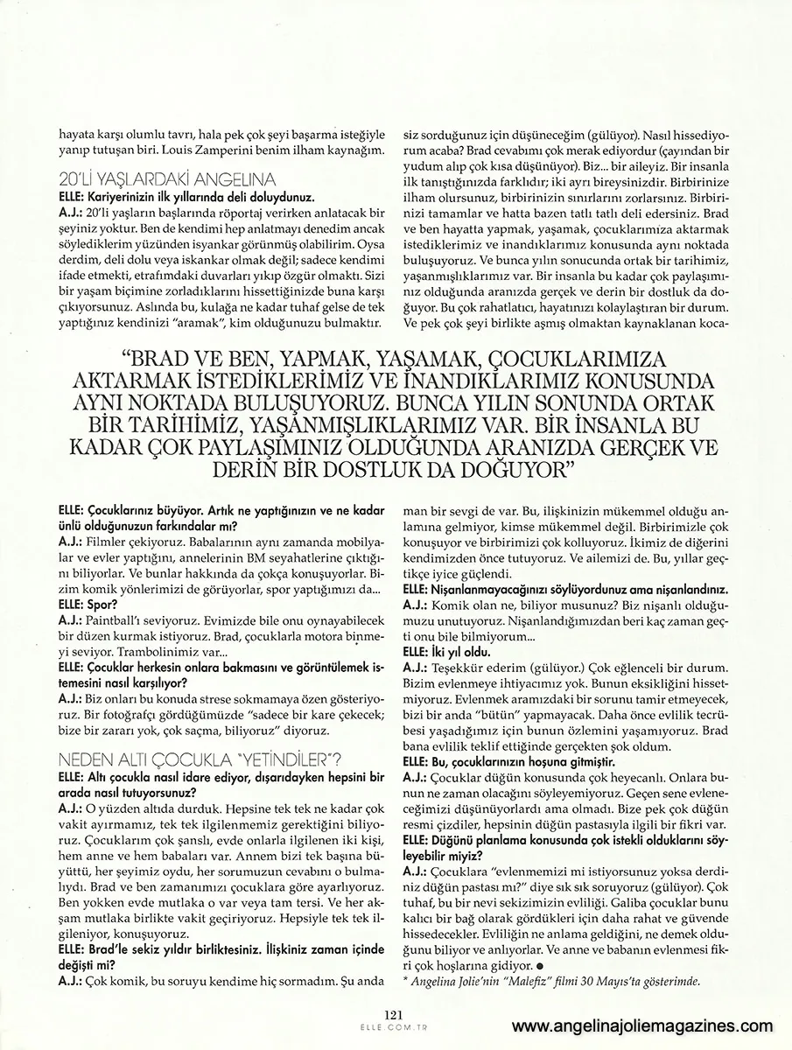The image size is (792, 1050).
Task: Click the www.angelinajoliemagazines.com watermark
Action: click(642, 1026)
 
